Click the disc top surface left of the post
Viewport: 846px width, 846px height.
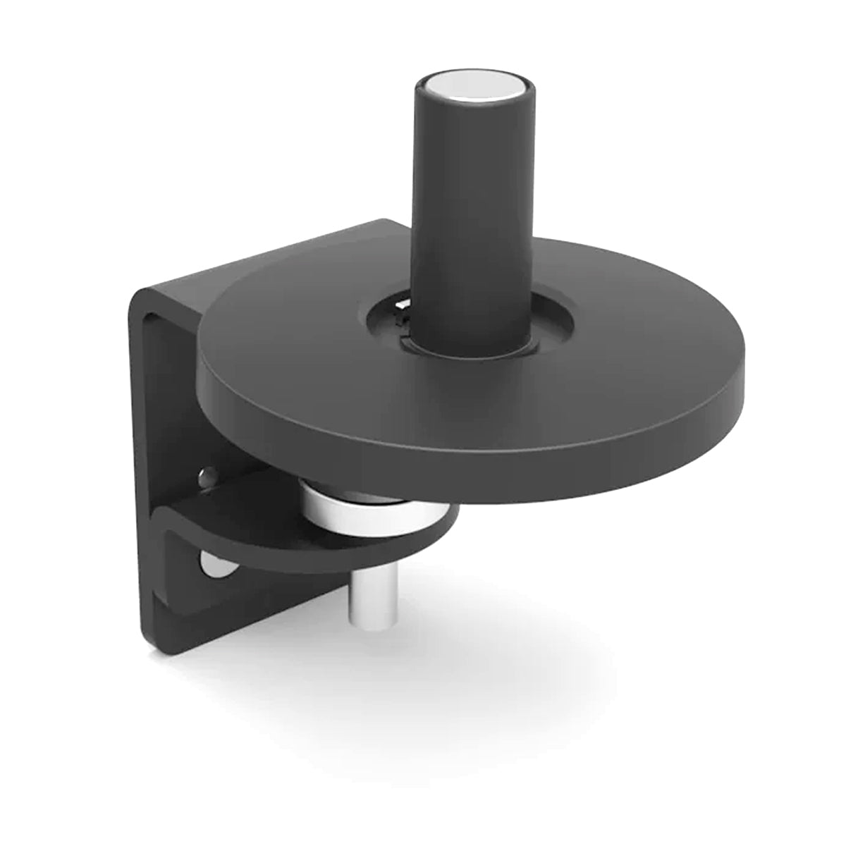(x=296, y=331)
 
